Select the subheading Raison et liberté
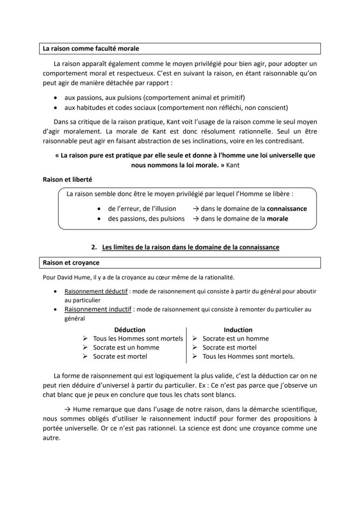coord(67,179)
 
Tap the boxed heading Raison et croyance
coord(71,263)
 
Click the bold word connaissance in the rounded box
coord(287,209)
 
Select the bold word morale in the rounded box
coord(277,219)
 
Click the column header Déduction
coord(130,329)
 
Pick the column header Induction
coord(238,329)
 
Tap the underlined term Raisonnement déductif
coord(96,291)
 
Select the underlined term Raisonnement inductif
coord(97,309)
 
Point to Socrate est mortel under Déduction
coord(120,356)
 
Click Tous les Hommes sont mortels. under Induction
coord(248,356)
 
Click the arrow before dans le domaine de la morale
coord(196,219)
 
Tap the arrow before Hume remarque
coord(67,409)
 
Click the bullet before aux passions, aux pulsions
coord(55,98)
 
